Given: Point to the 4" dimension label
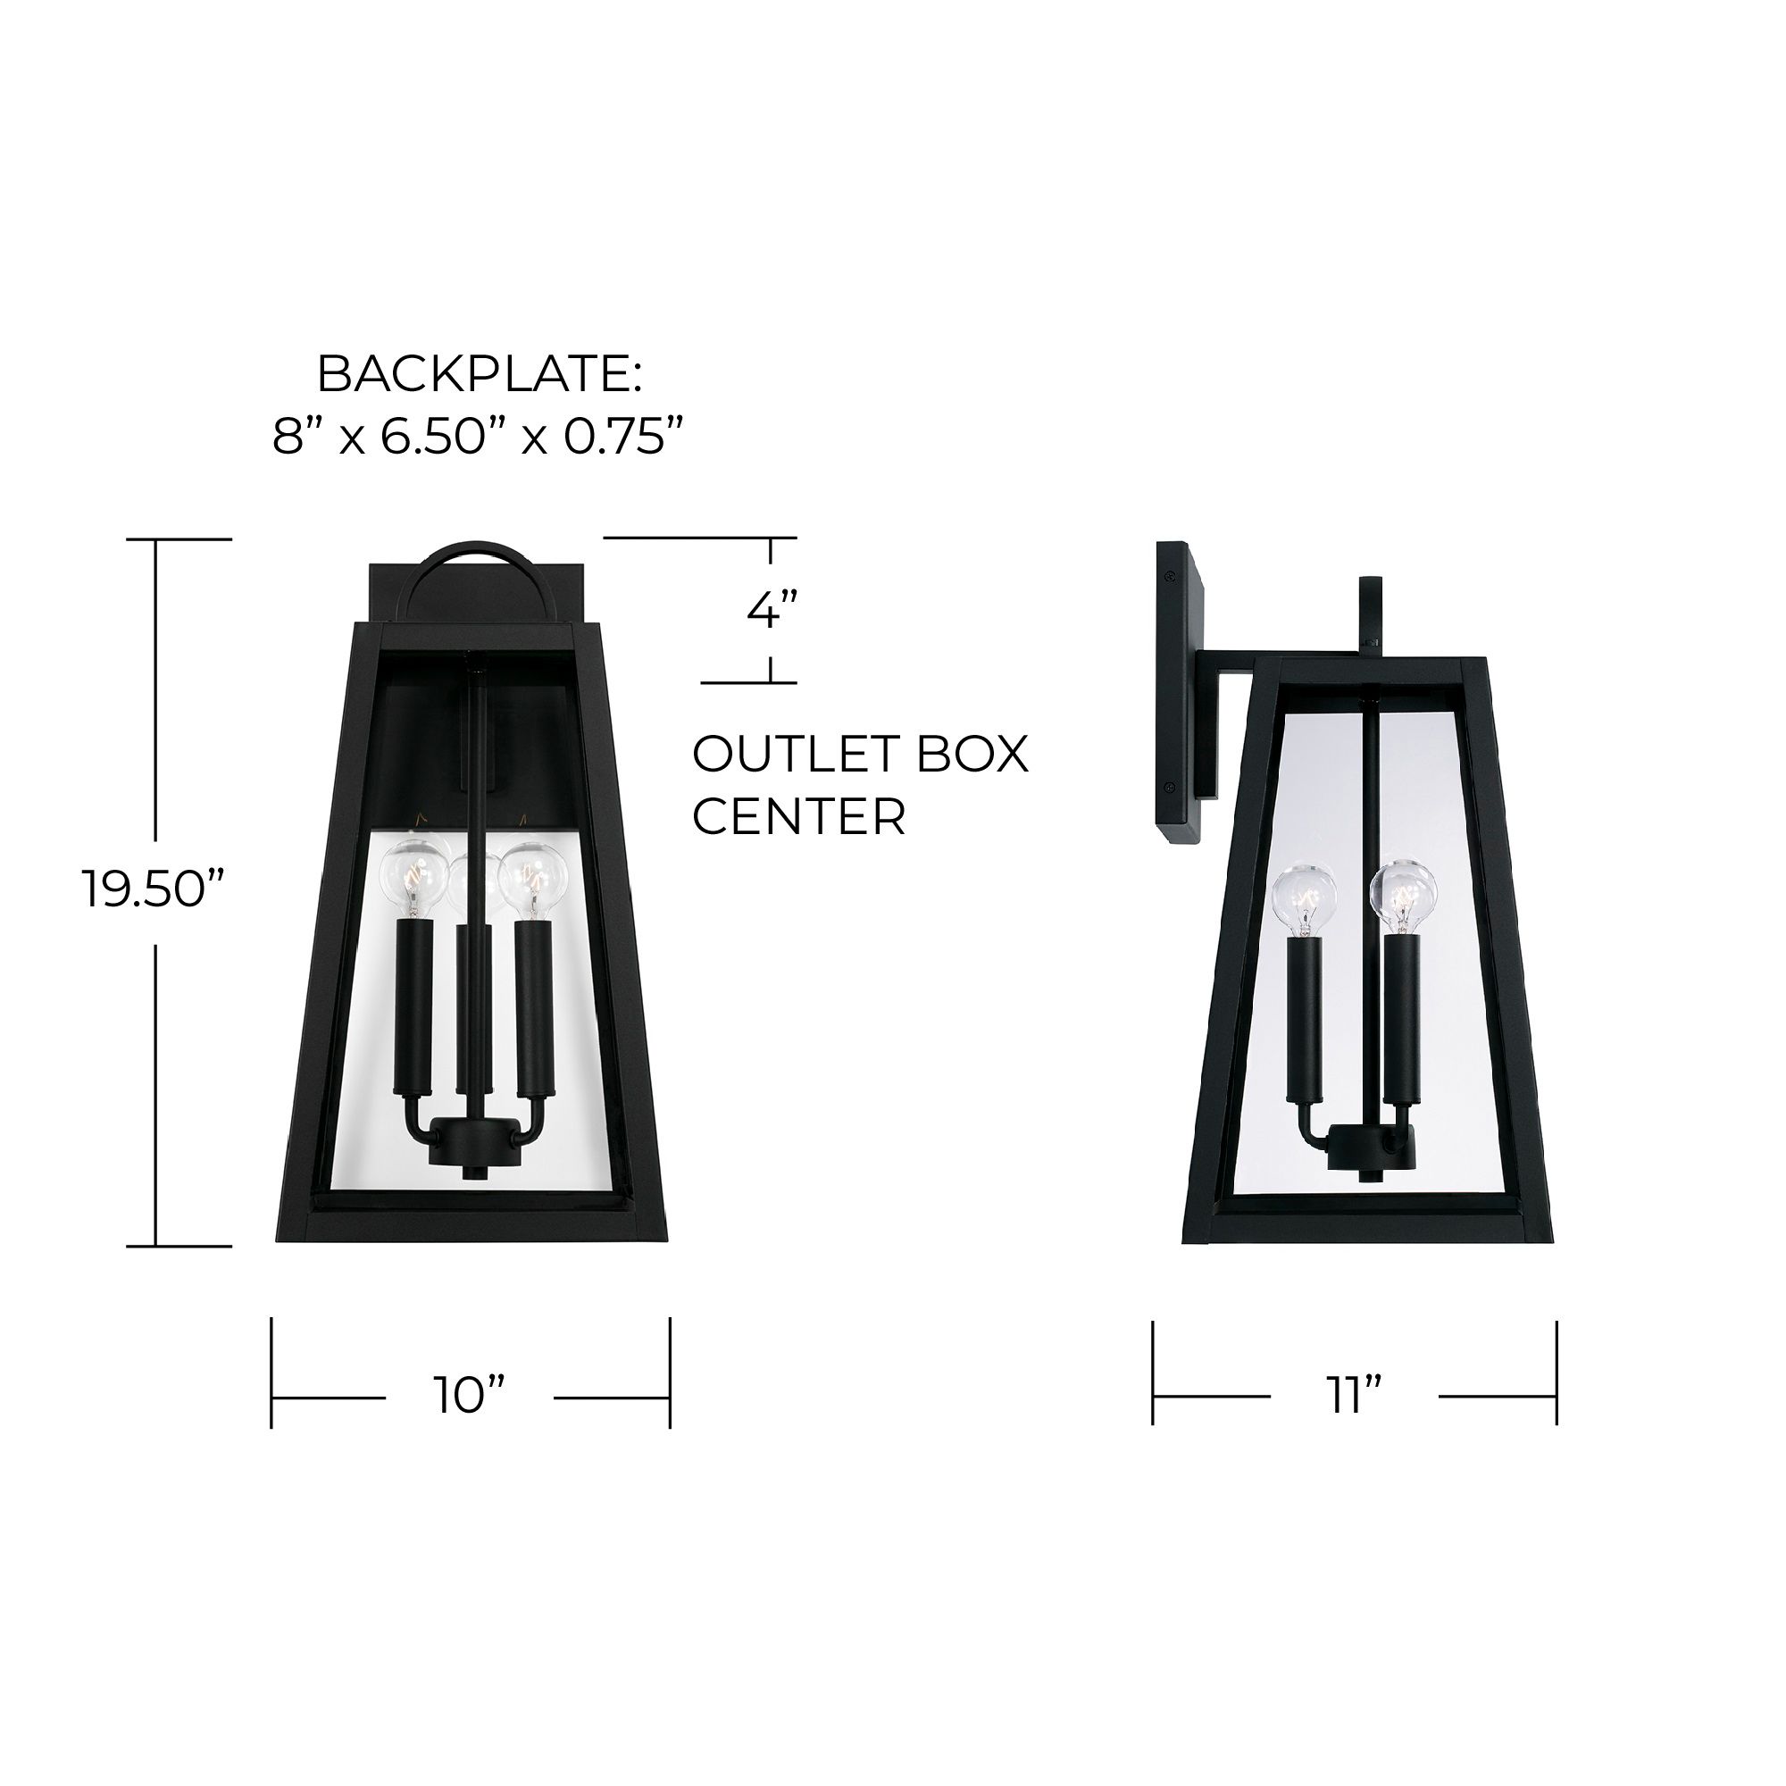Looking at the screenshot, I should pos(771,611).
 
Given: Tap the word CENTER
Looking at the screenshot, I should pos(798,817).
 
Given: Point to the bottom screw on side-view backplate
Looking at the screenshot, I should pos(1172,813).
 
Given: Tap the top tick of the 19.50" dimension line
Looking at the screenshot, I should pos(192,539).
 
